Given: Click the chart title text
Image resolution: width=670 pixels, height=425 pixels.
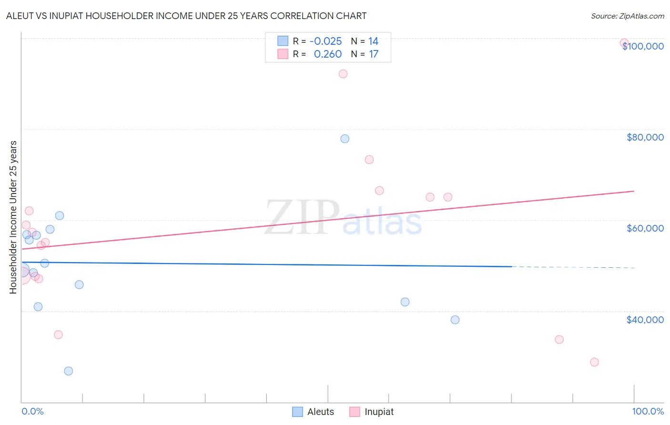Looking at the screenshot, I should pos(186,16).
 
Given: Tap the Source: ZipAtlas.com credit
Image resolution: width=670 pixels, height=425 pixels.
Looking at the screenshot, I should pos(627,16).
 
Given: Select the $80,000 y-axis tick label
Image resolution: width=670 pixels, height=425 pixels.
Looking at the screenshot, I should pos(645,137).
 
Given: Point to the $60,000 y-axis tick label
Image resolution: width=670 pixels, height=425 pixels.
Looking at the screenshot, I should pos(645,228).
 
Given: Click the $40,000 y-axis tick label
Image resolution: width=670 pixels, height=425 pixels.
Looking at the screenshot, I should pos(645,320).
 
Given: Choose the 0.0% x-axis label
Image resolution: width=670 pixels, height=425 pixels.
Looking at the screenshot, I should pos(32,411).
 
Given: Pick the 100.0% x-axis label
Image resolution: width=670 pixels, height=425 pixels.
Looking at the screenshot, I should pos(648,411).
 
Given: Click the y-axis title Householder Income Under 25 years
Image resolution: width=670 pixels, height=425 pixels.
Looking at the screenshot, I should pos(13,217).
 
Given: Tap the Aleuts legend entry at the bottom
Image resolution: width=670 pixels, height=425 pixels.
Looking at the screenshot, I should pos(313,412).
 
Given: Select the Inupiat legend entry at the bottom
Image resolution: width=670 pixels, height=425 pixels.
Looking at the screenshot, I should pos(372,412).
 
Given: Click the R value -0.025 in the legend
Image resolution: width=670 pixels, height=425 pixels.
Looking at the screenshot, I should pos(325,41).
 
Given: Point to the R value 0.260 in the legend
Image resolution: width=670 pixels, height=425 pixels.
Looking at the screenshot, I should pos(328,54).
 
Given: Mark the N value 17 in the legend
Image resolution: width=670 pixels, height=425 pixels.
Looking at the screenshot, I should pos(374,54).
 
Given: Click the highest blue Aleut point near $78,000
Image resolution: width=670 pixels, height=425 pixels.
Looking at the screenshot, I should pos(345,139).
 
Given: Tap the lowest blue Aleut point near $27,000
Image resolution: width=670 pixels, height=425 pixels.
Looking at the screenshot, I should pos(69,371).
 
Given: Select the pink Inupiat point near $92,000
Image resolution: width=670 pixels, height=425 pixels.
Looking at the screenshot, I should pos(343,74).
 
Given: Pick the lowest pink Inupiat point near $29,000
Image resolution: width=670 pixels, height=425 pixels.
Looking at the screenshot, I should pos(594,362).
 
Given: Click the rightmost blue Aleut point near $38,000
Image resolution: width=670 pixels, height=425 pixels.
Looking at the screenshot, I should pos(455,320).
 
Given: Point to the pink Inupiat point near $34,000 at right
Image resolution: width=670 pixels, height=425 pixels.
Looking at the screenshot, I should pos(559,340).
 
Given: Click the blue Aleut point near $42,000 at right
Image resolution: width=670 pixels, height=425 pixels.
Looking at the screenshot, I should pos(405,302).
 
